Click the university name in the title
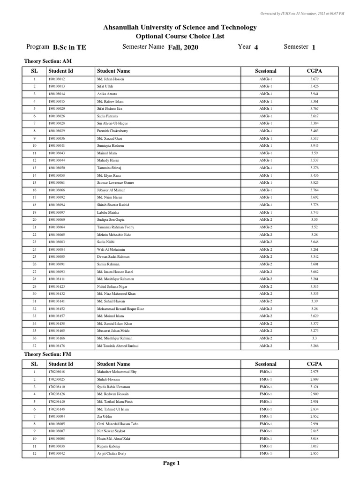click(x=180, y=28)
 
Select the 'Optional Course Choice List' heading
click(x=180, y=37)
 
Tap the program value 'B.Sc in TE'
click(x=69, y=47)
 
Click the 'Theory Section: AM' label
click(x=48, y=61)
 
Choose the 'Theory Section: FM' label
click(x=47, y=354)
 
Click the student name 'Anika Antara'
click(x=106, y=94)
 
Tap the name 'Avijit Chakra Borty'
click(x=112, y=453)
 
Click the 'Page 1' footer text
click(x=171, y=463)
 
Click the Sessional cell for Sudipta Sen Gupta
click(x=265, y=220)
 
